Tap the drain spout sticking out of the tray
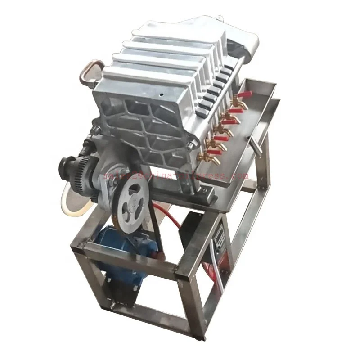[x=255, y=147]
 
